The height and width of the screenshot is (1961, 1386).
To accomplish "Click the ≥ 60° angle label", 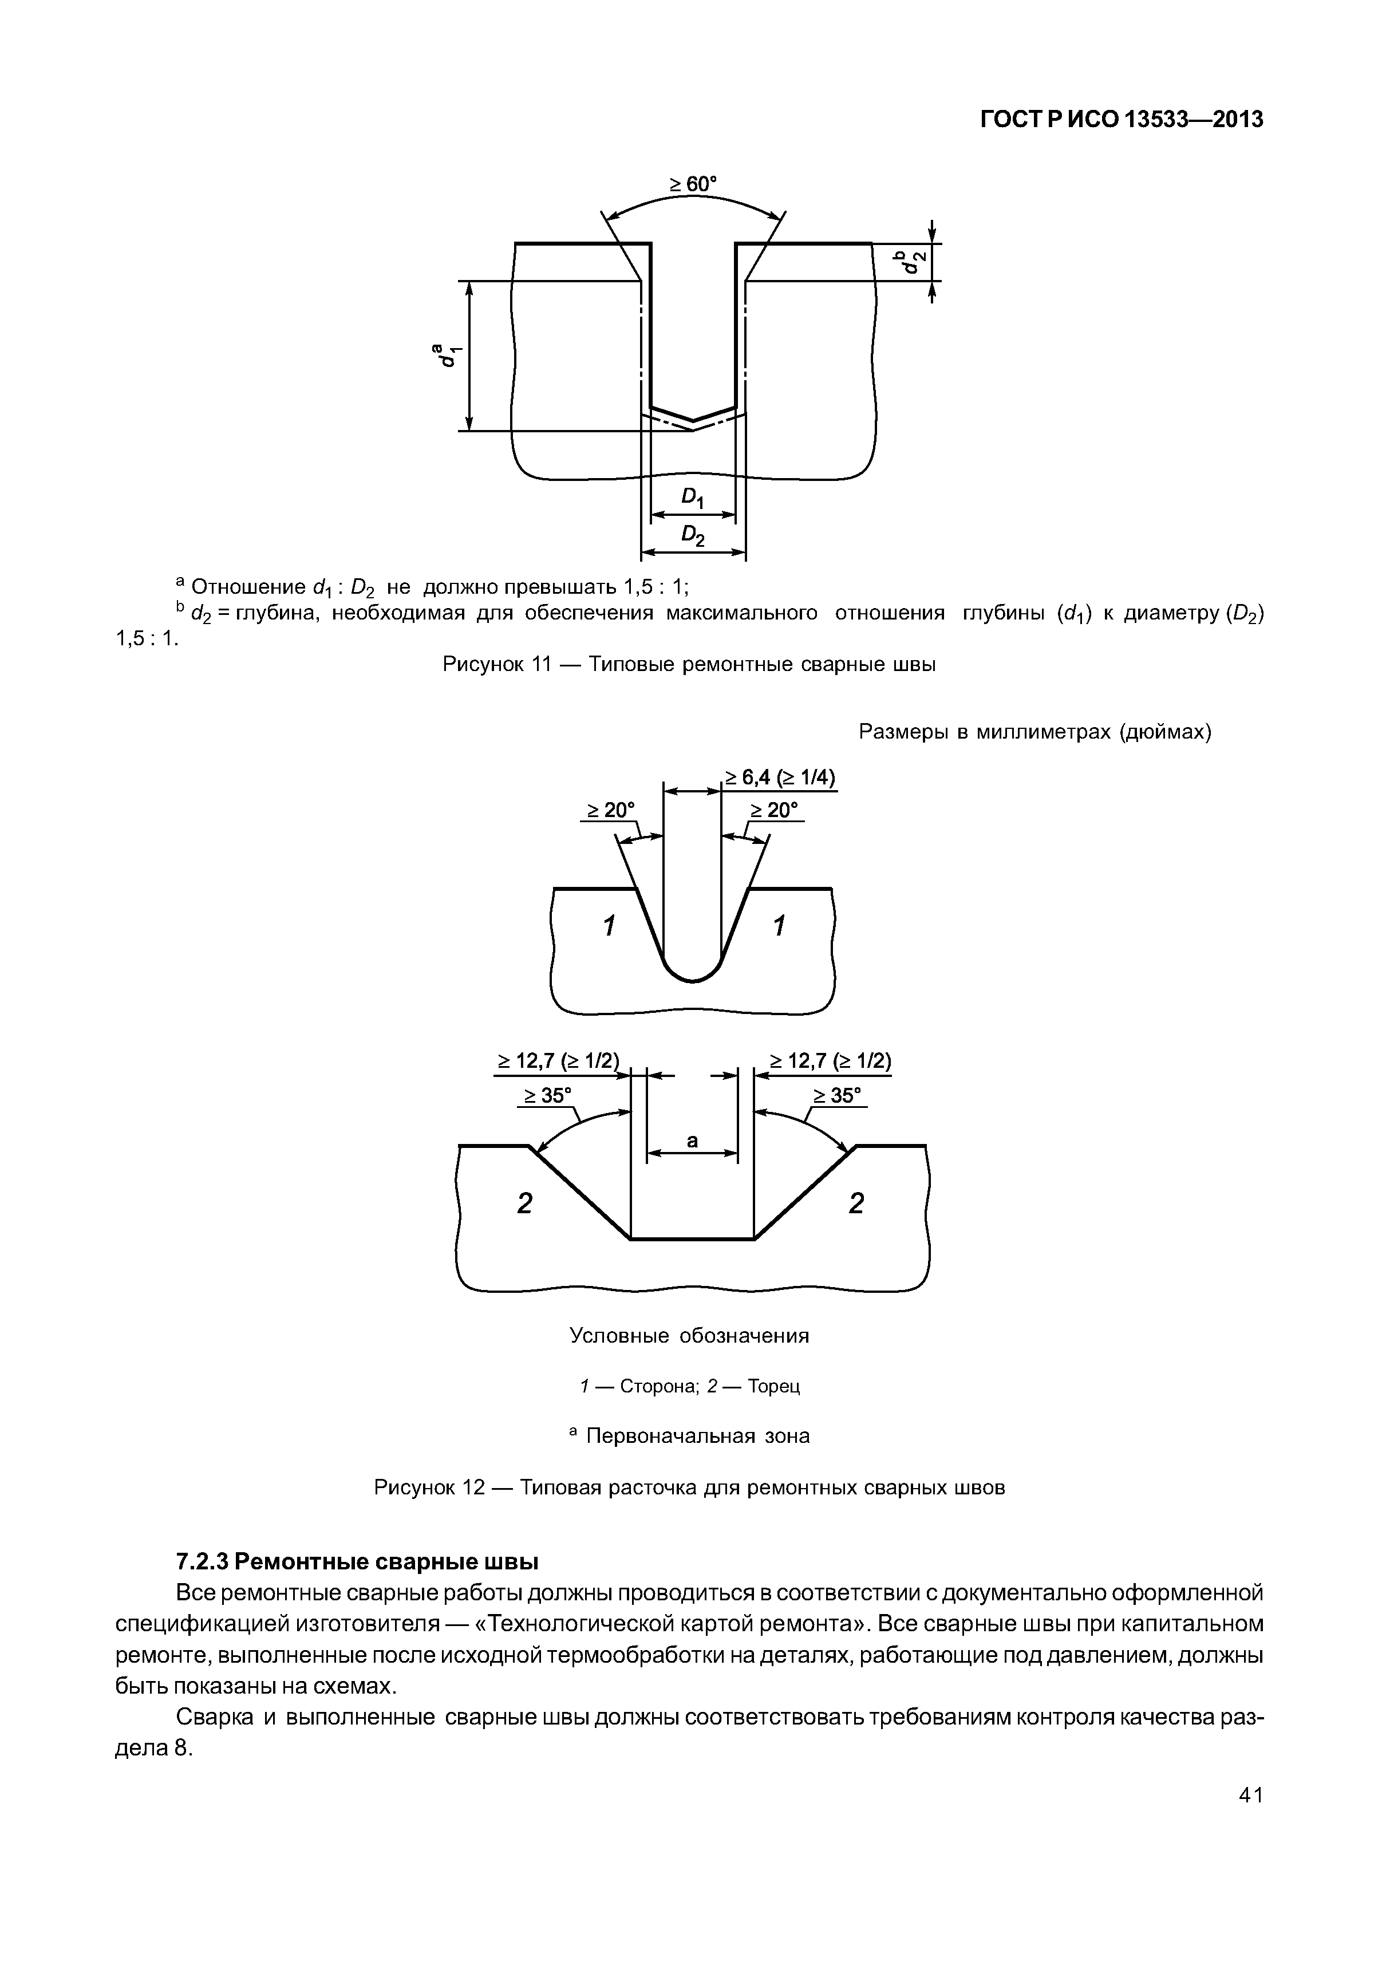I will pos(693,184).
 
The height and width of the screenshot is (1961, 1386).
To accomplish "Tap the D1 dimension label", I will pos(693,498).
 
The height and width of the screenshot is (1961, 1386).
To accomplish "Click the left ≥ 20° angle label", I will pos(610,809).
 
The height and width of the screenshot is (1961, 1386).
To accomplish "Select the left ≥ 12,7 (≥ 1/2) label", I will pos(559,1061).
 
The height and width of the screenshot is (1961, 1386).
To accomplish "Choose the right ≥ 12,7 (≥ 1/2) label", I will pos(830,1061).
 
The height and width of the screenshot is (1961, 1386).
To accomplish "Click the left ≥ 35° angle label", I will pos(547,1095).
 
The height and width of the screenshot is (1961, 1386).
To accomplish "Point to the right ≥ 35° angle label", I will pos(838,1095).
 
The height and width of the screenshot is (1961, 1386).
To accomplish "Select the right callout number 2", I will pos(856,1204).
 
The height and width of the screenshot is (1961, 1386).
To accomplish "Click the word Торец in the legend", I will pos(773,1386).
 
